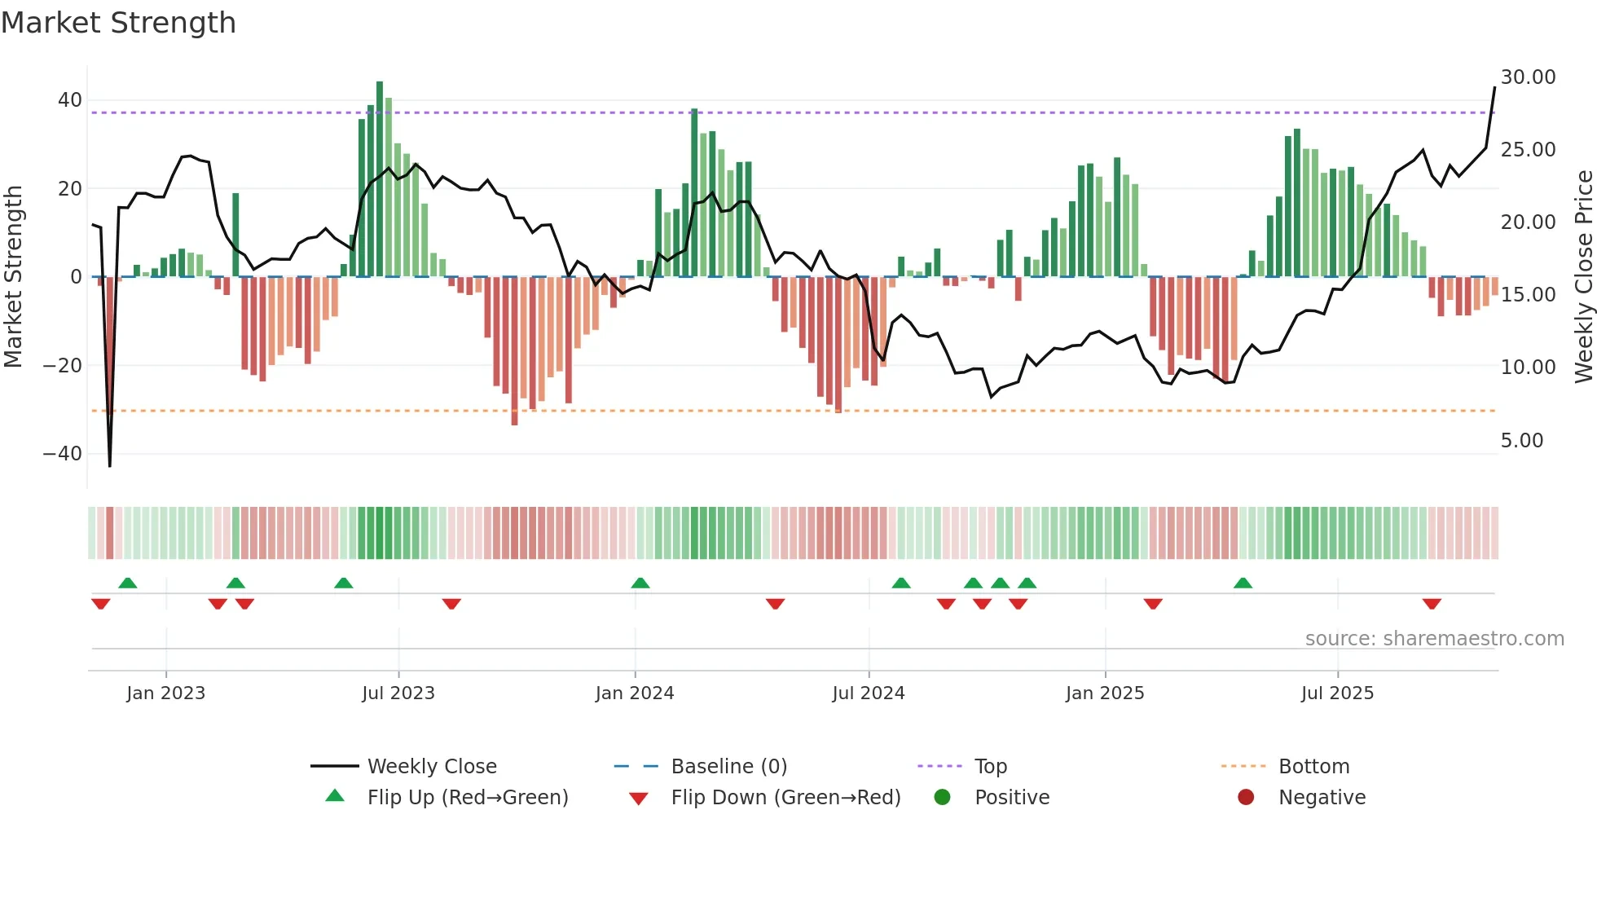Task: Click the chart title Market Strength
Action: pyautogui.click(x=118, y=23)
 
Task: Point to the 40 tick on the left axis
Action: pyautogui.click(x=70, y=100)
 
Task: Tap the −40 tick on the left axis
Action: pyautogui.click(x=63, y=454)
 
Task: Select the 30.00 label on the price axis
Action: pyautogui.click(x=1528, y=77)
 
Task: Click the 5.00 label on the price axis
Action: pyautogui.click(x=1522, y=441)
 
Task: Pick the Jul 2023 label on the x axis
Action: pyautogui.click(x=398, y=693)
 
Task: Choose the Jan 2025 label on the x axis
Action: pyautogui.click(x=1105, y=693)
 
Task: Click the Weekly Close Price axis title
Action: pyautogui.click(x=1583, y=276)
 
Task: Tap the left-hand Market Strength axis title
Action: pyautogui.click(x=13, y=276)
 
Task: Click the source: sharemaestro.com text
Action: pyautogui.click(x=1434, y=639)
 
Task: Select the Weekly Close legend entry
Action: pyautogui.click(x=431, y=767)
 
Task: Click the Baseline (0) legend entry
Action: pyautogui.click(x=728, y=767)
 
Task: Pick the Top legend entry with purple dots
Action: pyautogui.click(x=990, y=767)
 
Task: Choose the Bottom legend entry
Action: pyautogui.click(x=1313, y=767)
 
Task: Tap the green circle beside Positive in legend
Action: pyautogui.click(x=943, y=798)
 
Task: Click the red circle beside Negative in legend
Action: pyautogui.click(x=1246, y=798)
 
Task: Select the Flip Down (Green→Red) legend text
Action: pyautogui.click(x=785, y=798)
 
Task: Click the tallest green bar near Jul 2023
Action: pyautogui.click(x=380, y=179)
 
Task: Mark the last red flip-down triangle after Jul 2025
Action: pyautogui.click(x=1432, y=604)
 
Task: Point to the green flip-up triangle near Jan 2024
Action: pyautogui.click(x=640, y=583)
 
